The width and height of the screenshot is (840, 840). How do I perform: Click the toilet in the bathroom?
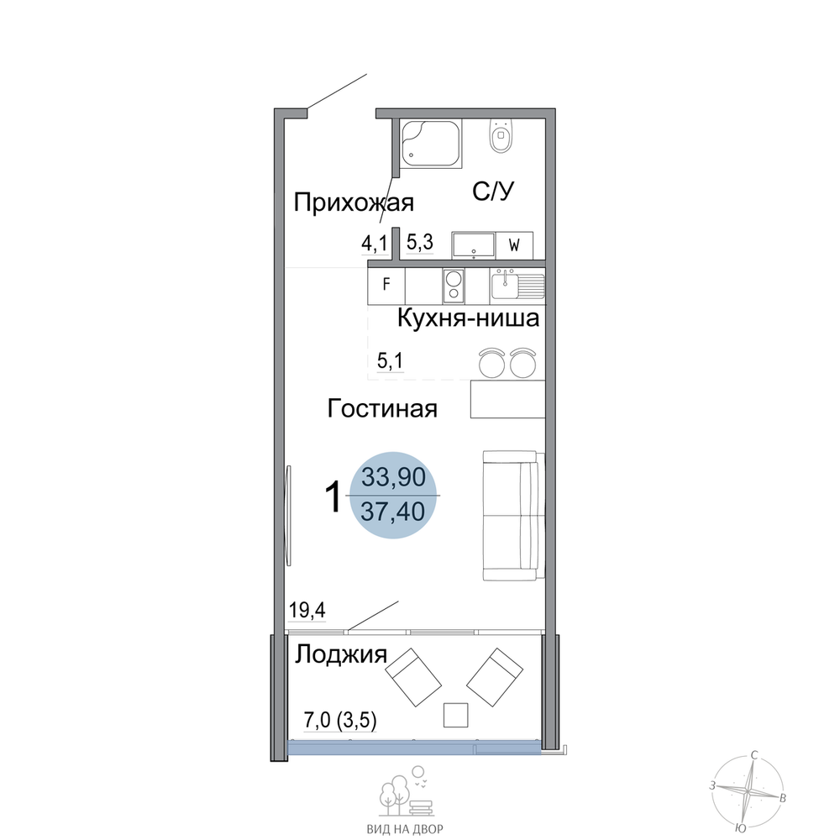[x=501, y=136]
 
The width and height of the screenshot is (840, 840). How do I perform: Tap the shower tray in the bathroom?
[x=431, y=144]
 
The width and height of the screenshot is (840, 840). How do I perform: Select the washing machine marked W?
[x=514, y=245]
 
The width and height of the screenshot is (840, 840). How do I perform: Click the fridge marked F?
[x=386, y=284]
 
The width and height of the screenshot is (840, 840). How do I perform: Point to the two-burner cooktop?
[x=454, y=286]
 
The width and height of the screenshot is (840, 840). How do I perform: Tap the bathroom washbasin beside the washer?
[x=474, y=245]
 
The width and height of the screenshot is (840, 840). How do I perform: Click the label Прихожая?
[x=354, y=203]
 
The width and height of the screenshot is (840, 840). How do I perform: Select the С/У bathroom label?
[x=493, y=191]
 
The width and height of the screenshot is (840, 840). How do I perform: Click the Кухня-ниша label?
[x=468, y=318]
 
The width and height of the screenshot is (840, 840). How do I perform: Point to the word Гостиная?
[x=382, y=409]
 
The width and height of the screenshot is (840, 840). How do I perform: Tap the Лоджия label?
[x=341, y=654]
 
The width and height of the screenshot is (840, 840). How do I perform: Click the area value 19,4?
[x=307, y=610]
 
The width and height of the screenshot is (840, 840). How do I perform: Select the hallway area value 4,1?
[x=374, y=244]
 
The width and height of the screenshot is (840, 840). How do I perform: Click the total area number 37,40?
[x=393, y=512]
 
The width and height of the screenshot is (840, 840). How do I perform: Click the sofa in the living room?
[x=513, y=516]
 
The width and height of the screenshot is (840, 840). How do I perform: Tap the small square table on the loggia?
[x=456, y=715]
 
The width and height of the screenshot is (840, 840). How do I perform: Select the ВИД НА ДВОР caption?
[x=405, y=829]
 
